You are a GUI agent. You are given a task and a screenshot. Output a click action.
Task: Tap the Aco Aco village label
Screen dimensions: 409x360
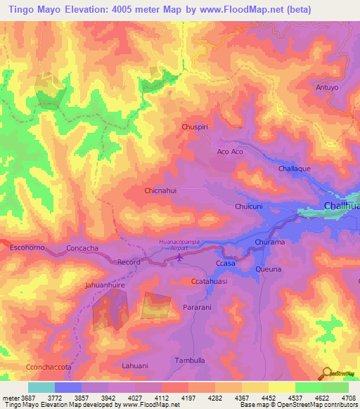(230, 152)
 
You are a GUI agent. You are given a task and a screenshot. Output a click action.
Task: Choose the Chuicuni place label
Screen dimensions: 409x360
(248, 207)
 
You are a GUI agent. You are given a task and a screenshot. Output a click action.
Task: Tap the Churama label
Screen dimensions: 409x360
(269, 242)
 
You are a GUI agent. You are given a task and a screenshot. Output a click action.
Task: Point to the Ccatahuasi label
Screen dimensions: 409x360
(209, 281)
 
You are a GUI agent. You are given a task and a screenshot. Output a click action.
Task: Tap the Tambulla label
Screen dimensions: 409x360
(190, 361)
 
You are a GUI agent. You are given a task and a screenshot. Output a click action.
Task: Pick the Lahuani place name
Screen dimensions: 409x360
(135, 365)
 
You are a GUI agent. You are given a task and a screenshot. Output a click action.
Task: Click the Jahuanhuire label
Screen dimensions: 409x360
(105, 286)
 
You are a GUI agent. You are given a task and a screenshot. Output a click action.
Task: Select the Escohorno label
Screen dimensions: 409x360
(27, 248)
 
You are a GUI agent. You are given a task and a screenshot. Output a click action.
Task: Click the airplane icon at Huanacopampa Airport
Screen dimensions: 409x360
(179, 257)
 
